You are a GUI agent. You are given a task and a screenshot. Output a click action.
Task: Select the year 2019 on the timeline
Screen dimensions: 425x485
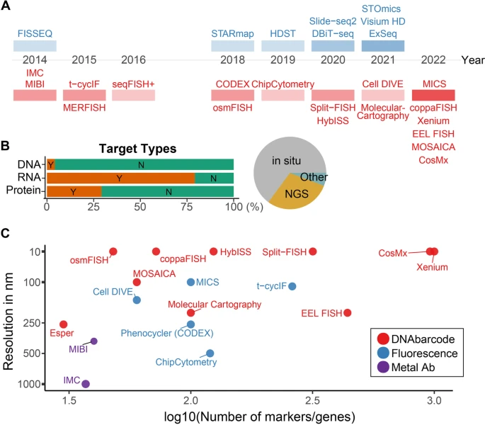coord(283,60)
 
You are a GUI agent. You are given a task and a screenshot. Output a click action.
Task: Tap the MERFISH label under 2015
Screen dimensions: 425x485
coord(84,108)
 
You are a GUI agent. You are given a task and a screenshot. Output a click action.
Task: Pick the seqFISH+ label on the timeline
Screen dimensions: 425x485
coord(133,84)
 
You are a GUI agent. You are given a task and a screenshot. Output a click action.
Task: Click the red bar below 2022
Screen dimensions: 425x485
coord(433,95)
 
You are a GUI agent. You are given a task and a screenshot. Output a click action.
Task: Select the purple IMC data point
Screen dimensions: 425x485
coord(86,384)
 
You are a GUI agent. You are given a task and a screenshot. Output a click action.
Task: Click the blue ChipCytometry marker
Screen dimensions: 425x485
coord(210,353)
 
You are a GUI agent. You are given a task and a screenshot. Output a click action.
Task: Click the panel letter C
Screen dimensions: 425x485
coord(6,232)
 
